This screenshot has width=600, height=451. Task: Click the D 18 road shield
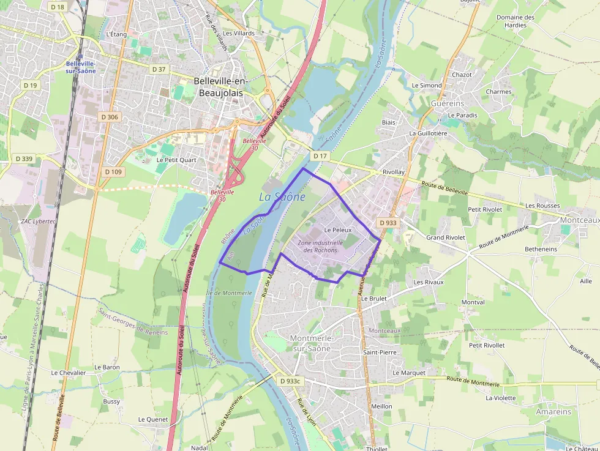(58, 6)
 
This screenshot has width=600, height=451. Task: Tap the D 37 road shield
(159, 69)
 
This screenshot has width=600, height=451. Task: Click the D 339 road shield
(24, 158)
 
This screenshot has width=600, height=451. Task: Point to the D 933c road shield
(291, 381)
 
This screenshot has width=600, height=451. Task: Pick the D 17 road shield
(320, 156)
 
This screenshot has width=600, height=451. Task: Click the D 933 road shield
(388, 223)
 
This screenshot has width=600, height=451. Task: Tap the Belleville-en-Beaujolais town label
(218, 86)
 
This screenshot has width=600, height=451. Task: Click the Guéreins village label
(448, 103)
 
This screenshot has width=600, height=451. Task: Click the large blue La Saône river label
(282, 196)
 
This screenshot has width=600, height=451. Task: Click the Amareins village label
(553, 412)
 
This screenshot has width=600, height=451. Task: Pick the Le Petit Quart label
(176, 160)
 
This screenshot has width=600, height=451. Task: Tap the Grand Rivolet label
(446, 237)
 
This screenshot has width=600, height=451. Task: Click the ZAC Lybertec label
(38, 221)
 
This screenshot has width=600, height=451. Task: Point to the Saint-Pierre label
(380, 352)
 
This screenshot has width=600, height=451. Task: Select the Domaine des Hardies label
(515, 21)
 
